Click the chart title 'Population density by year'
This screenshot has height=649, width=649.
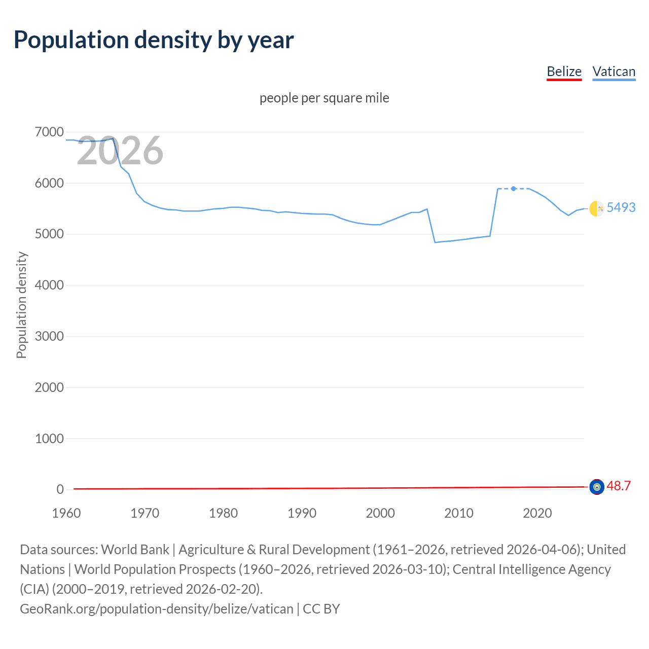pyautogui.click(x=154, y=40)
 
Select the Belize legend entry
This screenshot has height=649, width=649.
pyautogui.click(x=564, y=71)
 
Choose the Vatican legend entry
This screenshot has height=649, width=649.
pyautogui.click(x=614, y=71)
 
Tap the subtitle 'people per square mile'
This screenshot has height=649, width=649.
pyautogui.click(x=324, y=98)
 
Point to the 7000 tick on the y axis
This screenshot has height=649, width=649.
pyautogui.click(x=49, y=132)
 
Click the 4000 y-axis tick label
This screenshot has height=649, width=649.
pyautogui.click(x=49, y=285)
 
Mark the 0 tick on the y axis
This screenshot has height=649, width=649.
pyautogui.click(x=60, y=489)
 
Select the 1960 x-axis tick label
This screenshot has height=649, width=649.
pyautogui.click(x=66, y=513)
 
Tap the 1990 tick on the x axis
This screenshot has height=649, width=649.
pyautogui.click(x=302, y=513)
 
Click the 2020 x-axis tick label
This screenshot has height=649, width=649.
pyautogui.click(x=537, y=513)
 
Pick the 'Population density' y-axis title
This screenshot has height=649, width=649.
pyautogui.click(x=21, y=305)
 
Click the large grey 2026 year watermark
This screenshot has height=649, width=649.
pyautogui.click(x=120, y=151)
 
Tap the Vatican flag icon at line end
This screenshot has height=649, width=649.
pyautogui.click(x=596, y=208)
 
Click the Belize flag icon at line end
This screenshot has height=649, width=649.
pyautogui.click(x=597, y=487)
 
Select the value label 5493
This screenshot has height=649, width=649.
pyautogui.click(x=621, y=207)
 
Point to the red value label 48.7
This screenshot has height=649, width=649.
pyautogui.click(x=619, y=486)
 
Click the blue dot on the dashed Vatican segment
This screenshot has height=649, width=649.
pyautogui.click(x=514, y=189)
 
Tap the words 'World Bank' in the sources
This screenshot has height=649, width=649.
pyautogui.click(x=135, y=550)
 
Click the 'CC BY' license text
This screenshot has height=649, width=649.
pyautogui.click(x=321, y=609)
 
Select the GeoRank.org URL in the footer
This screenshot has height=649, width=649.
pyautogui.click(x=156, y=609)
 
